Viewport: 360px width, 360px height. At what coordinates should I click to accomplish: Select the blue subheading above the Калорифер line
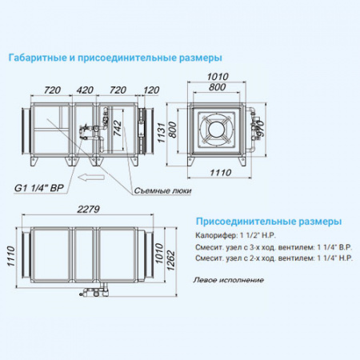tap(268, 220)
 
